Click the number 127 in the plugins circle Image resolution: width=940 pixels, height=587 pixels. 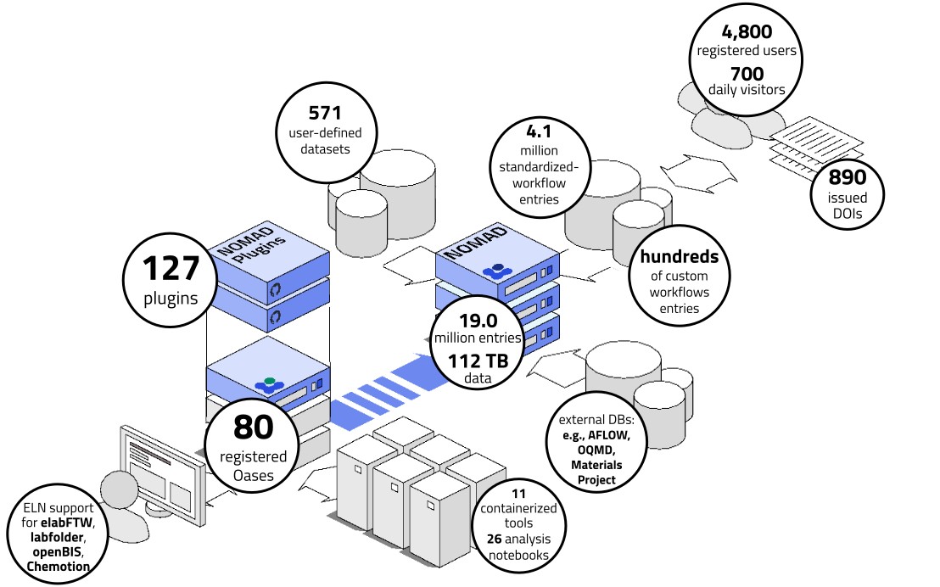[x=170, y=269]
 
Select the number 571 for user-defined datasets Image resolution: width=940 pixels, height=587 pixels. [x=324, y=112]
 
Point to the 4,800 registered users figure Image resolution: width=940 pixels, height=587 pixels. [x=747, y=31]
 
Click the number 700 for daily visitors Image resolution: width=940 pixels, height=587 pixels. [x=747, y=74]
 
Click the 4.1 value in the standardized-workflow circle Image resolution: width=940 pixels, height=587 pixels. [x=540, y=132]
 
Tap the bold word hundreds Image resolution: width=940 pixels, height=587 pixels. [x=679, y=256]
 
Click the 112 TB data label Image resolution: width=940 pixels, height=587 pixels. [x=478, y=361]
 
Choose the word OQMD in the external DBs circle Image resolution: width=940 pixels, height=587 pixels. [x=596, y=450]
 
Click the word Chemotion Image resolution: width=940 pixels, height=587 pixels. [x=59, y=567]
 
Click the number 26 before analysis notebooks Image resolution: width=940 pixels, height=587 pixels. [x=495, y=539]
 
